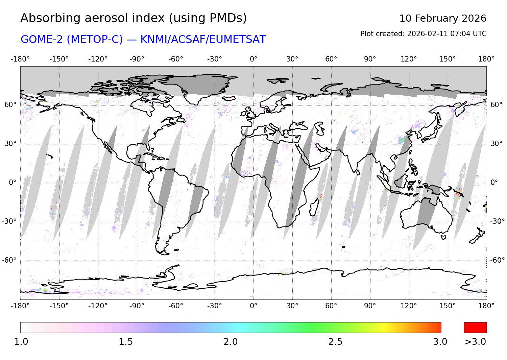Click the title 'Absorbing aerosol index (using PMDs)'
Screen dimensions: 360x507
(x=134, y=18)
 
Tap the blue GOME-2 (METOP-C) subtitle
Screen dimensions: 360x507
(x=143, y=40)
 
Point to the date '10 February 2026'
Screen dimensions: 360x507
(x=443, y=18)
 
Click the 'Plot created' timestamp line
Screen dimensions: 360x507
(x=423, y=34)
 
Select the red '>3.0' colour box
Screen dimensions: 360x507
(x=475, y=328)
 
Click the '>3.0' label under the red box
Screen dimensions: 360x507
(x=475, y=342)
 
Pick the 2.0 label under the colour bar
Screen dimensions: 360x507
(x=231, y=342)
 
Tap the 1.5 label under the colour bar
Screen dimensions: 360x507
(x=126, y=342)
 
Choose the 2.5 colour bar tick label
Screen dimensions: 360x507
(x=335, y=342)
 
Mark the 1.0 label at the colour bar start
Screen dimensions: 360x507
(x=21, y=342)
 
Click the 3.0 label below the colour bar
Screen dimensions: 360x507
(x=440, y=342)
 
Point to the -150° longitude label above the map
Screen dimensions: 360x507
(x=59, y=59)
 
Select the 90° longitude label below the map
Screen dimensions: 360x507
(x=370, y=306)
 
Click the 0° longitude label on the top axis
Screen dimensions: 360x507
(x=254, y=59)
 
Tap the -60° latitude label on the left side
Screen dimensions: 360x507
(x=9, y=260)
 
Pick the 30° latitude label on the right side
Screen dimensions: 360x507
(x=496, y=144)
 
